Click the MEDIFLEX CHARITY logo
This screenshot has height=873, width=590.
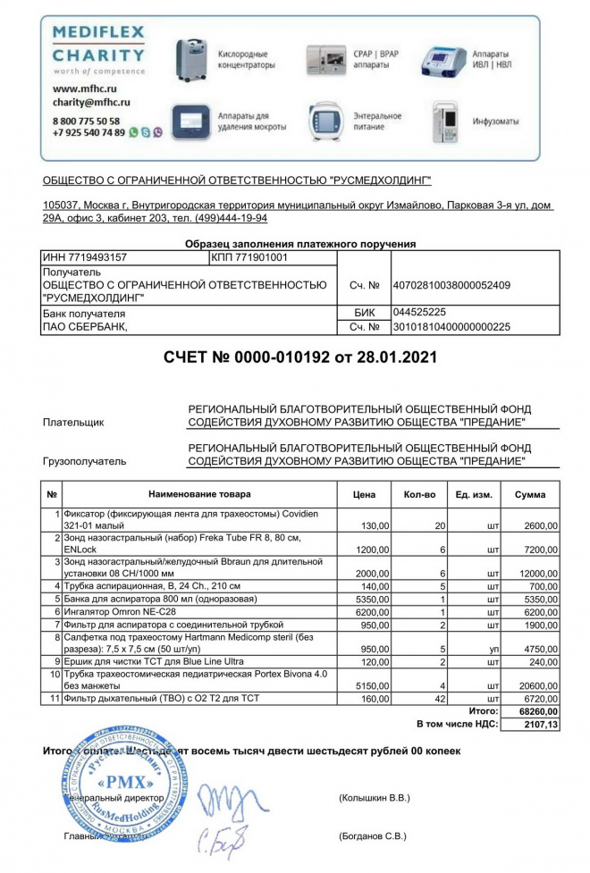98,50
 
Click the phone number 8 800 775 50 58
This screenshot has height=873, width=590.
86,120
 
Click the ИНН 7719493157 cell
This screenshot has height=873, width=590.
85,257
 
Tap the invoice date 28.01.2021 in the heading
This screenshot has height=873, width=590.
394,357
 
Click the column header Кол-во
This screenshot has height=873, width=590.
419,493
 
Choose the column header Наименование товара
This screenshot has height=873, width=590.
199,493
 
